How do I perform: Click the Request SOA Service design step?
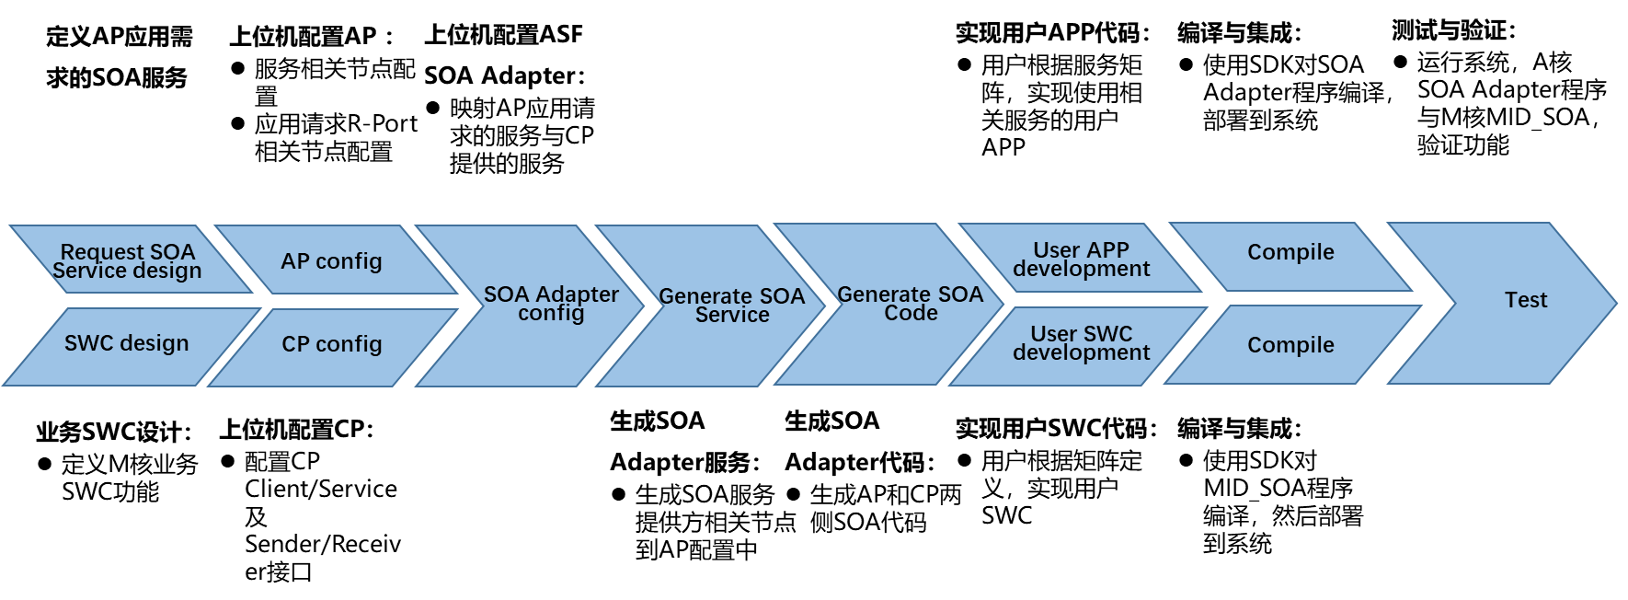(127, 260)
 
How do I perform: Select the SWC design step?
(126, 344)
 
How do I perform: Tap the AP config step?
(331, 261)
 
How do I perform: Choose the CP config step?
(331, 345)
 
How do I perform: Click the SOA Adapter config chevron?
(551, 305)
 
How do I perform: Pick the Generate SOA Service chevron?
(731, 306)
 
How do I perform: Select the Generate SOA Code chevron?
(910, 304)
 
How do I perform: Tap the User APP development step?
(1081, 260)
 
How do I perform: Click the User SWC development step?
(1081, 343)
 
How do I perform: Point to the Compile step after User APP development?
(1290, 253)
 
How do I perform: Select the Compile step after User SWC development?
(1290, 346)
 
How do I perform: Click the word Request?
(102, 252)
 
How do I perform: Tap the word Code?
(911, 314)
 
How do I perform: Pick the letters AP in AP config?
(294, 261)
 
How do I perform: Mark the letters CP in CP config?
(295, 345)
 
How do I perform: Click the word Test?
(1525, 301)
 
